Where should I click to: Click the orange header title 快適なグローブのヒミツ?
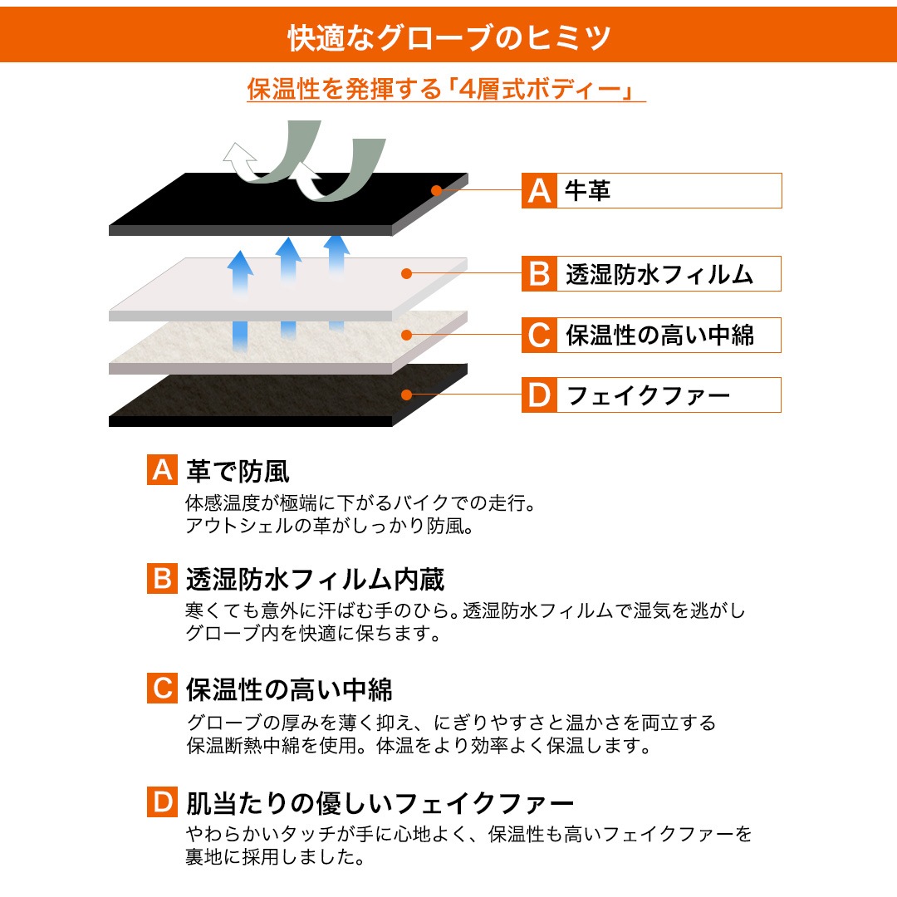(449, 37)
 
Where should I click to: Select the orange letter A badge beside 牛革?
(539, 190)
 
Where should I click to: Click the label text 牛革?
(587, 190)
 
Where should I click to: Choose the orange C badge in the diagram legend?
(539, 336)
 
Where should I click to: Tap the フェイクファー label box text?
(648, 395)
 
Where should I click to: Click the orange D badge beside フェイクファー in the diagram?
(539, 395)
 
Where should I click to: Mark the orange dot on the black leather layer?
(437, 190)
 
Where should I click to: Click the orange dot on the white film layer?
(407, 274)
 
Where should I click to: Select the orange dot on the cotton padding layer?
(407, 335)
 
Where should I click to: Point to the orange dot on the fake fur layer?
(407, 395)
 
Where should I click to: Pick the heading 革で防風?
(238, 472)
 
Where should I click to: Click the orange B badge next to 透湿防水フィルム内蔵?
(163, 578)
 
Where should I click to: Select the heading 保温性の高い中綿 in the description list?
(289, 689)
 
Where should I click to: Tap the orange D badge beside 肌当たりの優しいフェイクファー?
(163, 801)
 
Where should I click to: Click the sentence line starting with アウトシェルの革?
(330, 526)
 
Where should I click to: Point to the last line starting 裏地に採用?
(275, 856)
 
